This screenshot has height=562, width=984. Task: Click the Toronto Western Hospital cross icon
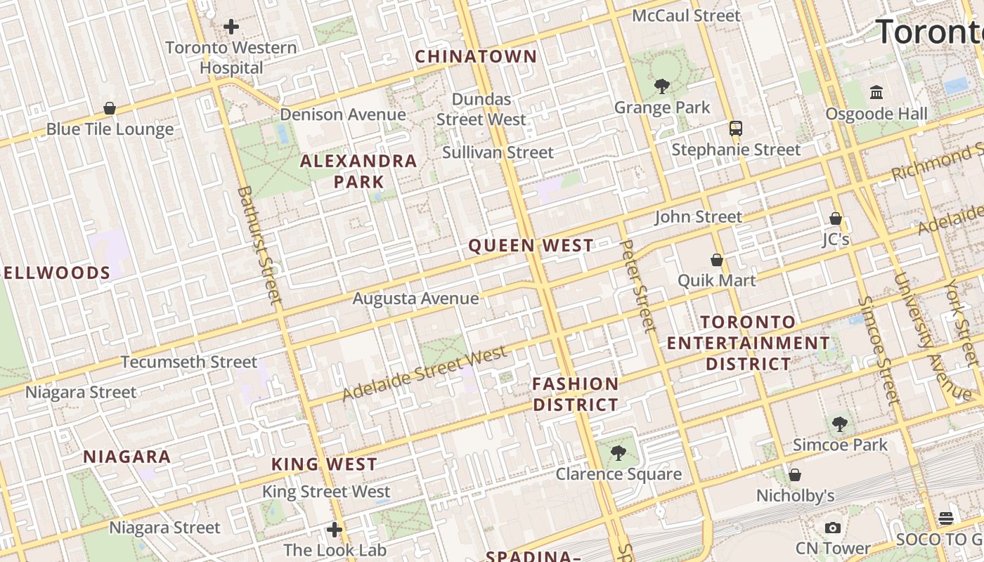(x=231, y=27)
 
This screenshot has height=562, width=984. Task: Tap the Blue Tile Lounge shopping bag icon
(x=110, y=108)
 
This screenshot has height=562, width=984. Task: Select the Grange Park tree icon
(x=661, y=86)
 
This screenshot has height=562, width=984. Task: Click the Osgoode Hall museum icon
(x=876, y=92)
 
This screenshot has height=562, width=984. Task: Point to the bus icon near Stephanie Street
(x=736, y=129)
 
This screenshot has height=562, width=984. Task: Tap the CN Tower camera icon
(x=833, y=528)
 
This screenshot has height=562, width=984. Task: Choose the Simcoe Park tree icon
(x=839, y=424)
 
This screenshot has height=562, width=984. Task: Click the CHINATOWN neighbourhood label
(x=476, y=56)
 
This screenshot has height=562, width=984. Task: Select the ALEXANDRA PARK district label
(x=358, y=171)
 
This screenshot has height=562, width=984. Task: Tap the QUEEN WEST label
(x=531, y=245)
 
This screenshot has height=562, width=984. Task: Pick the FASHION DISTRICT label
(x=576, y=394)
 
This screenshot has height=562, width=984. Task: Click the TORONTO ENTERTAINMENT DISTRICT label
(x=749, y=343)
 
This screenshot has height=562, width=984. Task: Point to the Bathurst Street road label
(x=259, y=245)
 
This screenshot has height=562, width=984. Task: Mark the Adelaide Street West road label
(x=425, y=373)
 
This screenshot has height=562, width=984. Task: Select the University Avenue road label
(x=931, y=336)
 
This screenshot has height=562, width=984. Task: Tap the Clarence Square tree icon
(x=619, y=453)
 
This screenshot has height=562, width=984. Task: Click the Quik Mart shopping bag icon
(x=717, y=260)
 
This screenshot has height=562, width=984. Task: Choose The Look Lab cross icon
(x=335, y=529)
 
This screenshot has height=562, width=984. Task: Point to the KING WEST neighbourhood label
(x=325, y=464)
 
